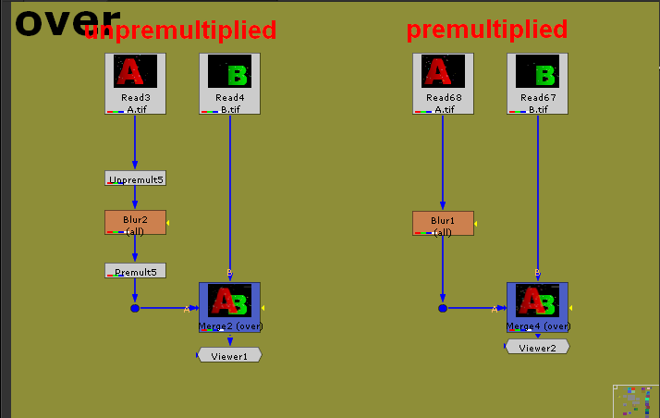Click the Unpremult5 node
tap(135, 178)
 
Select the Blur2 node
tap(135, 222)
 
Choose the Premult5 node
tap(135, 271)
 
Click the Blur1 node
tap(443, 223)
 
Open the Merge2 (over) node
tap(230, 306)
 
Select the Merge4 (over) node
tap(537, 306)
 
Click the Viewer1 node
tap(229, 355)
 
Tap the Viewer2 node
tap(537, 347)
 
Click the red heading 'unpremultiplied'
tap(180, 31)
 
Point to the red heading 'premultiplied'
tap(486, 30)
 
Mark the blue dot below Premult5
tap(134, 308)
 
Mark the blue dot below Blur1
tap(442, 308)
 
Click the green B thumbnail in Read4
tap(230, 72)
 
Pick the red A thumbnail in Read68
tap(443, 72)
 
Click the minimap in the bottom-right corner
tap(635, 400)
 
